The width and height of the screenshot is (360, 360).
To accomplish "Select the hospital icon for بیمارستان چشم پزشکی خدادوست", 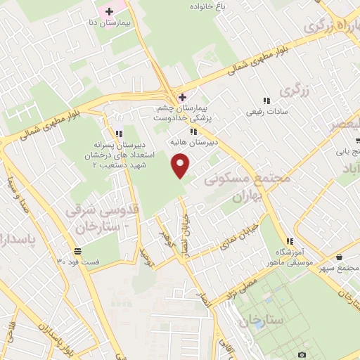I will (x=182, y=96).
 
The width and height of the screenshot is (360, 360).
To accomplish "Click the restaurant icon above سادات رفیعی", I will (x=266, y=101).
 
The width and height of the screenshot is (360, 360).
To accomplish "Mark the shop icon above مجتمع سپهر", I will (x=340, y=257).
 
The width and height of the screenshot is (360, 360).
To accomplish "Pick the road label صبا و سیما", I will (x=20, y=195).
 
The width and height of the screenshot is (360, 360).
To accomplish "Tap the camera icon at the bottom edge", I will (x=302, y=354).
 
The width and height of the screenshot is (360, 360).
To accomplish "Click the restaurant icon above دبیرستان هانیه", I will (x=193, y=131).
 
